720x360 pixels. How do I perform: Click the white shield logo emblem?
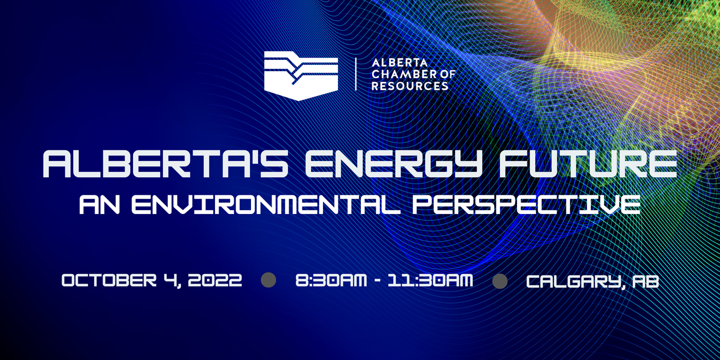point(301,76)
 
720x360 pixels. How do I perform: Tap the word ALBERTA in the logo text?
point(393,63)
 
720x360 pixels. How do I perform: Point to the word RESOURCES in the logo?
point(410,86)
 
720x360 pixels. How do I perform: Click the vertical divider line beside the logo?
point(356,74)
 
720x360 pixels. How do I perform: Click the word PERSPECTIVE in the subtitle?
point(526,205)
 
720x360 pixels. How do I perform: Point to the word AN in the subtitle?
point(100,205)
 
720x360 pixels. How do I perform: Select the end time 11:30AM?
point(435,280)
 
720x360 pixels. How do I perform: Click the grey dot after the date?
point(268,280)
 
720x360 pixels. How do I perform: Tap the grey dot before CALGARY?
point(500,281)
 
